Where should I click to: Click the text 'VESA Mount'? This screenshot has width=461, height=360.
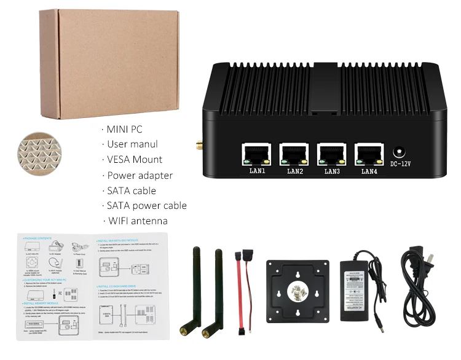click(135, 159)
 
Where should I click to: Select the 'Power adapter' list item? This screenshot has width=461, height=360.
click(140, 175)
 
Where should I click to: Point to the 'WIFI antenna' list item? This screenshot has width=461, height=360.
click(137, 221)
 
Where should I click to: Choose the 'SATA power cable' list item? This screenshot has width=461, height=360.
click(146, 206)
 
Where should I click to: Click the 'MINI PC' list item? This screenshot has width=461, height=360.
click(124, 129)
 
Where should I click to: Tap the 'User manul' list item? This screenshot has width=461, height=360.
click(132, 144)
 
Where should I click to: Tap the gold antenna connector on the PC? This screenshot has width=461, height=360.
click(200, 147)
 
